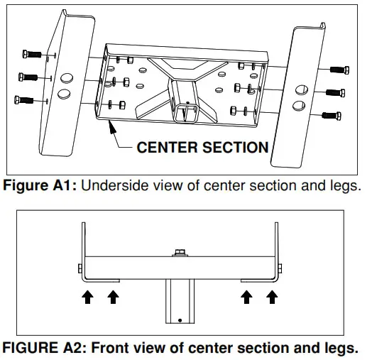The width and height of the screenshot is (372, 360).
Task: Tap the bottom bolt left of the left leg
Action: (x=29, y=100)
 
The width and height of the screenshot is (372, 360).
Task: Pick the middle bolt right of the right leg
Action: (x=335, y=92)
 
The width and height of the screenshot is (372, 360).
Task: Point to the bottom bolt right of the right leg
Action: (x=332, y=114)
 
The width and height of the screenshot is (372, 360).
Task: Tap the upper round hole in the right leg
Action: (x=300, y=89)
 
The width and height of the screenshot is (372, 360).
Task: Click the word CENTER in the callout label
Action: (x=168, y=148)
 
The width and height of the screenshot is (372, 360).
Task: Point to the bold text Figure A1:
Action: (x=40, y=187)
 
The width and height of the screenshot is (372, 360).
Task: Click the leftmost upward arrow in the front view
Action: (x=88, y=297)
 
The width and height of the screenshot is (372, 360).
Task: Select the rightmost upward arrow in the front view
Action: (x=271, y=297)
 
